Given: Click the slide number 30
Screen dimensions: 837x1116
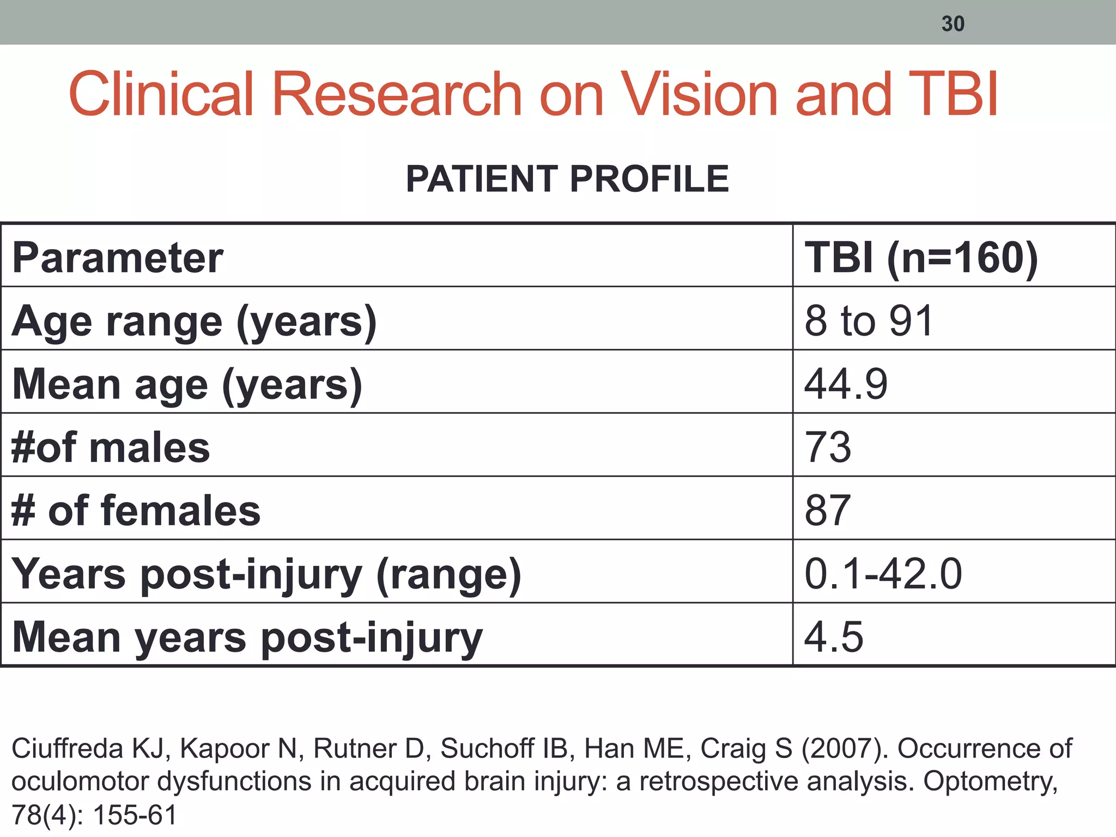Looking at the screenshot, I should coord(953,23).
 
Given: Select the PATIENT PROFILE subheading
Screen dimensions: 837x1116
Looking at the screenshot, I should coord(567,179).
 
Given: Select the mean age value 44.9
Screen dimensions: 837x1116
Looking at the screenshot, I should coord(846,384).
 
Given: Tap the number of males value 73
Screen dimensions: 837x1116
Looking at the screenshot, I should coord(828,447).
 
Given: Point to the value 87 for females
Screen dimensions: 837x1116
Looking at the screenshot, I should coord(828,511).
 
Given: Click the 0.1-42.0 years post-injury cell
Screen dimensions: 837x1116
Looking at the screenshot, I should coord(883,574).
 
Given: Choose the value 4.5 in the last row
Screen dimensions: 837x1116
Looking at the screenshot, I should coord(834,636).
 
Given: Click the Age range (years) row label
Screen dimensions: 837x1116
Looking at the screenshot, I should coord(194,322).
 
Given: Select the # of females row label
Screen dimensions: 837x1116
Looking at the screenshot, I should coord(136,511).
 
